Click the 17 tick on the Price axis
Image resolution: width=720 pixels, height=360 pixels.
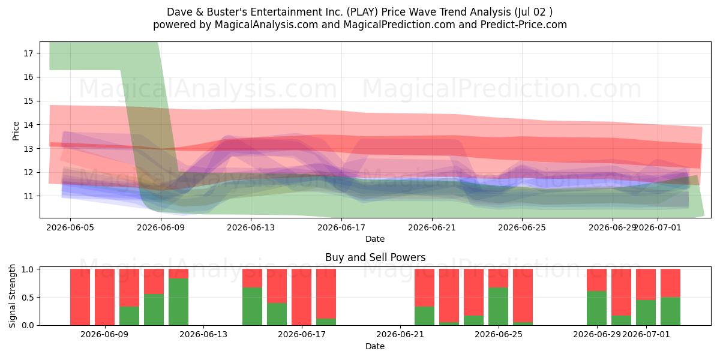(x=29, y=53)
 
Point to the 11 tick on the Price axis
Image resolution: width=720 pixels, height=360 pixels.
(x=29, y=196)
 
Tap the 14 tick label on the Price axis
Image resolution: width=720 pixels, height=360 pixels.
(x=29, y=125)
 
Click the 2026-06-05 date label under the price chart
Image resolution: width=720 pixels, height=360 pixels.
(x=70, y=227)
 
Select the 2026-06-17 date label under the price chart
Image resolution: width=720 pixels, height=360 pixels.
(x=341, y=227)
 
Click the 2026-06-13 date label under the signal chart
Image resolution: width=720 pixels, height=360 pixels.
(x=203, y=335)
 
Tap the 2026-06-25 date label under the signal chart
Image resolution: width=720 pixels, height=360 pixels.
(x=499, y=335)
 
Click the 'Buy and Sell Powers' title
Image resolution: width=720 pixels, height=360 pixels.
(x=375, y=257)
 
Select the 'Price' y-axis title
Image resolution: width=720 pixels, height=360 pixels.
(x=16, y=131)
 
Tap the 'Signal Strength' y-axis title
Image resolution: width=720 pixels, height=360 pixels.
(x=12, y=296)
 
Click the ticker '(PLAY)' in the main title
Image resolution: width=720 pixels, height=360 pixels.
(x=362, y=12)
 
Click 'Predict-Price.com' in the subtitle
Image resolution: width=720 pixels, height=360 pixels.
(x=524, y=25)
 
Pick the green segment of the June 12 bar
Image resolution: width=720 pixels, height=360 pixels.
(x=178, y=302)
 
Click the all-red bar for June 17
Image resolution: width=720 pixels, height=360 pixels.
(x=301, y=297)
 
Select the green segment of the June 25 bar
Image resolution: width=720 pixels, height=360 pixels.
(x=498, y=307)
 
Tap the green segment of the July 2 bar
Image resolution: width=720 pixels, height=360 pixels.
(x=671, y=311)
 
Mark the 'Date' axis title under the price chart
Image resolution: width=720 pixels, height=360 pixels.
(x=375, y=239)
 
